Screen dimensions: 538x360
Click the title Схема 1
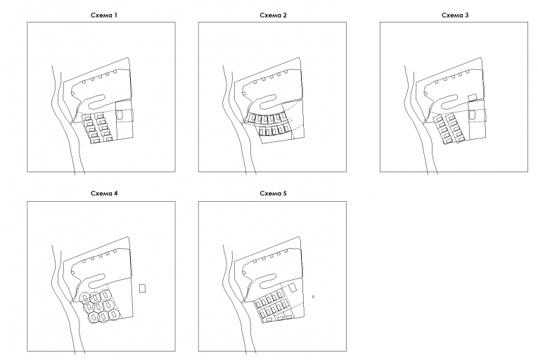(x=104, y=15)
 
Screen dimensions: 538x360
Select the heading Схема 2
(x=273, y=15)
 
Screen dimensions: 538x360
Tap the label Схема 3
(x=455, y=15)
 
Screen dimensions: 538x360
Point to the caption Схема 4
(x=104, y=193)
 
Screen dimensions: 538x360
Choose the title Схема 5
(x=273, y=193)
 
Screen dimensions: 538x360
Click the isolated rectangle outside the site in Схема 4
(x=142, y=288)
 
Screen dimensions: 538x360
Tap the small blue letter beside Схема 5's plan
(x=313, y=297)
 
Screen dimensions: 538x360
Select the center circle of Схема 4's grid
(x=98, y=306)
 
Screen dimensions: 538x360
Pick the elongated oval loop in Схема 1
(x=98, y=101)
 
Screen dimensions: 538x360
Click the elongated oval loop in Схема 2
(x=268, y=101)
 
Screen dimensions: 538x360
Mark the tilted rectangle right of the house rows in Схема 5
(x=293, y=288)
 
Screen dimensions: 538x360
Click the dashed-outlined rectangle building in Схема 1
(x=120, y=115)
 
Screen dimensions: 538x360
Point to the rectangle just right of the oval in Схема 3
(x=473, y=98)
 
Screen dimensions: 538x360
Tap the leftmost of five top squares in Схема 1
(x=84, y=82)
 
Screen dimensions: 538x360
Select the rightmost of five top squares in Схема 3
(x=468, y=72)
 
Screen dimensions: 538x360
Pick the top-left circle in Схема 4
(x=84, y=297)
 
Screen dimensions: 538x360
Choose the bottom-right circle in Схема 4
(x=114, y=314)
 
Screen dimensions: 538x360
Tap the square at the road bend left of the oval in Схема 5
(x=244, y=272)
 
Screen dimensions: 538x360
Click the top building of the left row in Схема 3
(x=439, y=120)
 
